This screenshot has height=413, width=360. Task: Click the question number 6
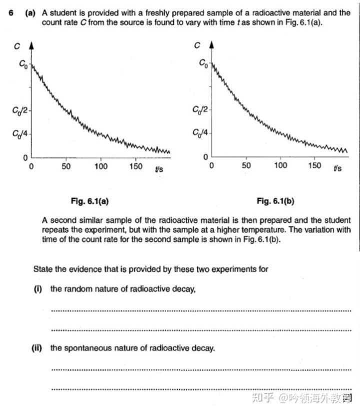[x=11, y=13]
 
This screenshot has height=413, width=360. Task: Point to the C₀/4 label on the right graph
[x=201, y=133]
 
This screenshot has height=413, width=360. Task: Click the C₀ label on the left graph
[x=23, y=64]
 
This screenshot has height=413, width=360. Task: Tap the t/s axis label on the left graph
[x=159, y=168]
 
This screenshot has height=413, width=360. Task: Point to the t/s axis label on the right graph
[x=338, y=168]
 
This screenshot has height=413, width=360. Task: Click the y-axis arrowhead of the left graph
[x=31, y=46]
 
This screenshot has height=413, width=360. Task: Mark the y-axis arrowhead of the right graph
[x=211, y=46]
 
